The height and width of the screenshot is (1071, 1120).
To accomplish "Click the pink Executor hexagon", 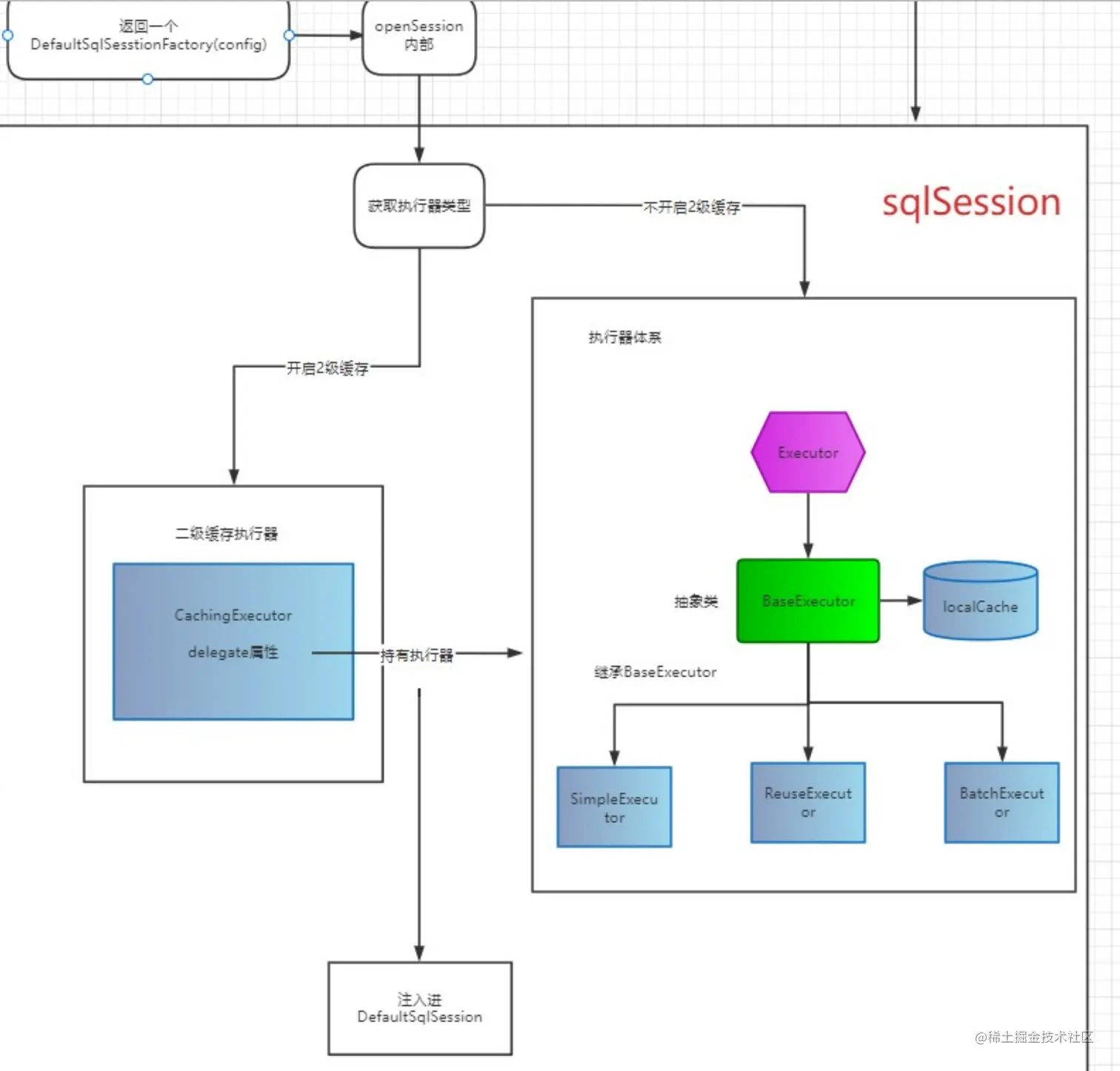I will [807, 453].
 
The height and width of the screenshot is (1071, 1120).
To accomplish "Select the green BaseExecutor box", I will [807, 601].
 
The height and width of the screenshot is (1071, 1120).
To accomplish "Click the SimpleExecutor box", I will [614, 807].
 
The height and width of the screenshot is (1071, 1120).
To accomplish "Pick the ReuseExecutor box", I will [807, 803].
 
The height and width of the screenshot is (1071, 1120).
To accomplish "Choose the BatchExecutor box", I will [1001, 803].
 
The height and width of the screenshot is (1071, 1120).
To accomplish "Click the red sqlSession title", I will [971, 202].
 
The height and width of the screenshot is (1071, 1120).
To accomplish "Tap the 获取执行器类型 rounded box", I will [419, 206].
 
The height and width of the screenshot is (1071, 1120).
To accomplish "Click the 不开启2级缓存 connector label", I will [691, 207].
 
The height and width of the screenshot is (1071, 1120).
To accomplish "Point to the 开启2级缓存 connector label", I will [327, 368].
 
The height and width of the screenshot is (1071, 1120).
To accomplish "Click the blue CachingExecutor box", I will [233, 641].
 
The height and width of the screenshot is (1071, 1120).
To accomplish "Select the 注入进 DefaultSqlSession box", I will [420, 1008].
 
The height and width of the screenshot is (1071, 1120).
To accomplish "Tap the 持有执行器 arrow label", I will [416, 655].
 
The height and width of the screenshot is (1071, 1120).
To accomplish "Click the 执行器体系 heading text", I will [624, 338].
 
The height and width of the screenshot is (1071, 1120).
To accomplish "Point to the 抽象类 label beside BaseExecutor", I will [696, 601].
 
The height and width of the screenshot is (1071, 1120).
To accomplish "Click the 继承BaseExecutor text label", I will [655, 673].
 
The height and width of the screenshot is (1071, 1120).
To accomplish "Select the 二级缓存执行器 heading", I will [227, 534].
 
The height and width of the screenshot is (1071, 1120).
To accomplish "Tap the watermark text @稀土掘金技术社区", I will [1033, 1037].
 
